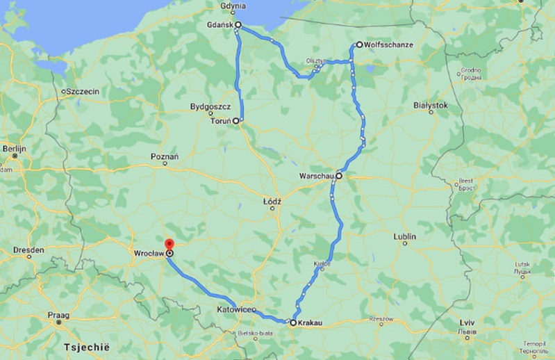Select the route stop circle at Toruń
(x=236, y=121)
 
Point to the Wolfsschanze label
(x=389, y=44)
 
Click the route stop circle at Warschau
(x=339, y=176)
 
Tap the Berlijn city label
(x=14, y=149)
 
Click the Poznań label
(x=165, y=156)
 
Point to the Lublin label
(x=404, y=237)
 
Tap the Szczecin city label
(x=83, y=91)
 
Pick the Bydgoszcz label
(x=210, y=107)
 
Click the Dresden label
(x=29, y=249)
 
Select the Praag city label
(x=58, y=315)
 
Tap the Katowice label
(x=235, y=308)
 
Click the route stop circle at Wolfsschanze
(x=359, y=44)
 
